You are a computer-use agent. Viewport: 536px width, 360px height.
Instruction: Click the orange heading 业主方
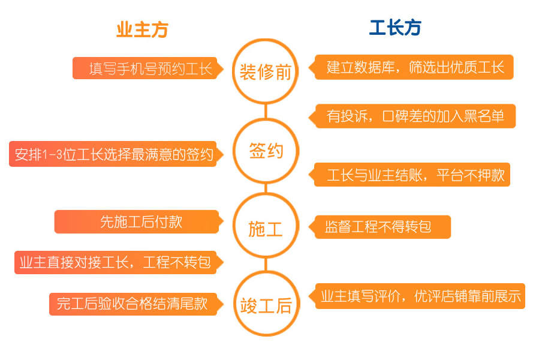click(x=142, y=30)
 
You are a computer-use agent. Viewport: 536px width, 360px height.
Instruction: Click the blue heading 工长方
click(x=395, y=28)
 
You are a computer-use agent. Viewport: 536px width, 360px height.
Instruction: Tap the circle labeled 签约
click(x=266, y=118)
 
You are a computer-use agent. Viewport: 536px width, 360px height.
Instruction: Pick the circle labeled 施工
click(x=266, y=193)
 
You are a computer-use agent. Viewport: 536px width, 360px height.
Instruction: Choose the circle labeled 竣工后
click(x=266, y=271)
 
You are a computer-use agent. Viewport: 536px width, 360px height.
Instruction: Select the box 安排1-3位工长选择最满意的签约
click(x=116, y=154)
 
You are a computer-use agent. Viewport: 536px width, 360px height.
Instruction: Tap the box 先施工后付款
click(x=138, y=222)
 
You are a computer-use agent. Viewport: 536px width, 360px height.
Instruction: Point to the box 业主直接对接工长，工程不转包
click(x=119, y=262)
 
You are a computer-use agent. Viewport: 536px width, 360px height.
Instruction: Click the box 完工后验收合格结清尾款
click(x=136, y=304)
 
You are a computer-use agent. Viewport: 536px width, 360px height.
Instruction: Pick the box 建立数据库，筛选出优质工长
click(x=411, y=67)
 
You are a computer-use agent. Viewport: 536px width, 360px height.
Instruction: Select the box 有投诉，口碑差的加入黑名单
click(x=412, y=116)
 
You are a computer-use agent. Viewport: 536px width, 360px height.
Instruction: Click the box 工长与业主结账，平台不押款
click(x=409, y=175)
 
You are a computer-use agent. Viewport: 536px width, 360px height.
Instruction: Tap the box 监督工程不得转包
click(x=380, y=227)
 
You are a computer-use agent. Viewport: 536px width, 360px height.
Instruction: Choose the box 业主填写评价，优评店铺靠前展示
click(x=417, y=296)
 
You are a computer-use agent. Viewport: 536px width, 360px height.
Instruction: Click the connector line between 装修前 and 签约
click(x=266, y=111)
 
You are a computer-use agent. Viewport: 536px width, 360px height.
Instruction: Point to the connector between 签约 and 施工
click(x=266, y=188)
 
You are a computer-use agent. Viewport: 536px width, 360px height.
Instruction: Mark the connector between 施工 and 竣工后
click(x=266, y=265)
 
